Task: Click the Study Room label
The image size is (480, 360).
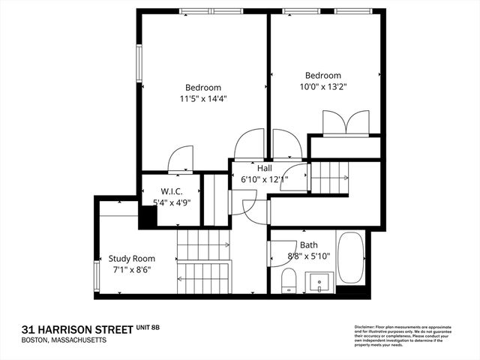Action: point(131,259)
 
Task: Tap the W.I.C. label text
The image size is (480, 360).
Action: point(171,191)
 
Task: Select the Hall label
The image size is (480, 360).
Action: point(265,169)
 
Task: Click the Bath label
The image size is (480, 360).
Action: point(308,245)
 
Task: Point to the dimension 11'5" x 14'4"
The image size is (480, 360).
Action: point(203,98)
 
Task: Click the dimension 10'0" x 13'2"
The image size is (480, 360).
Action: point(322,86)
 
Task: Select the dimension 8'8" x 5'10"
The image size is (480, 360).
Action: point(308,256)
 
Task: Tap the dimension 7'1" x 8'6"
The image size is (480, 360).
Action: point(131,270)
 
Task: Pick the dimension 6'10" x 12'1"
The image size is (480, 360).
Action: point(263,180)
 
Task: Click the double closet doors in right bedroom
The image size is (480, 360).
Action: point(345,122)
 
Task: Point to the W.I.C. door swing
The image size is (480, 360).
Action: point(181,158)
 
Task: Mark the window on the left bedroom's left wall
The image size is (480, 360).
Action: point(138,63)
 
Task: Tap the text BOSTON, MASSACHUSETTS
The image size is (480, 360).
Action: point(64,340)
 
